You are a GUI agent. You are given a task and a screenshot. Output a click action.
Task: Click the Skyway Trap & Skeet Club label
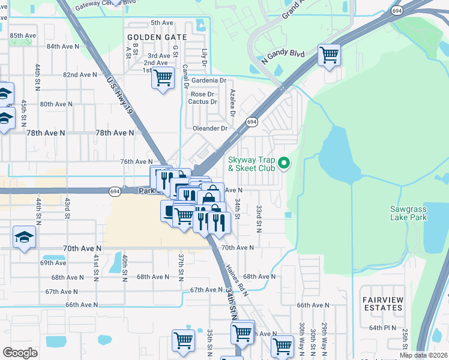[251, 164]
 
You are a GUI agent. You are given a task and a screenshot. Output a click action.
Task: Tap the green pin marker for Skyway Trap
[285, 163]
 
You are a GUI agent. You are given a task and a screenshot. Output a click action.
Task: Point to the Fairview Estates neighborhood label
[382, 303]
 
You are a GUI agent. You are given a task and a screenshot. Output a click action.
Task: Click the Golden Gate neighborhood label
[157, 37]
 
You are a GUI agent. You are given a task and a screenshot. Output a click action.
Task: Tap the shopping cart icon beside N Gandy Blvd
[329, 55]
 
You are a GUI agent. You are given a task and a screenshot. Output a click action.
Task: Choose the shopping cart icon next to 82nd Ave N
[163, 78]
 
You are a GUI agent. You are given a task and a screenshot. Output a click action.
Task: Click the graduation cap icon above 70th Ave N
[25, 238]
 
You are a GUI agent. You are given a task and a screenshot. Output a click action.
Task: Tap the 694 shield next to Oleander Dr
[251, 122]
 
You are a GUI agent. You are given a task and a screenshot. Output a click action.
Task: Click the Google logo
[20, 353]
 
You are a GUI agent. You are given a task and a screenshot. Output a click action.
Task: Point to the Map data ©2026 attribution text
[423, 355]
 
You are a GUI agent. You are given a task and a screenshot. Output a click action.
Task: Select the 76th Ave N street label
[137, 161]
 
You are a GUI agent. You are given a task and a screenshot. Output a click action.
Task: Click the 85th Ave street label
[23, 35]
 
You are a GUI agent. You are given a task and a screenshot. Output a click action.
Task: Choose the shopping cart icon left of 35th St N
[183, 340]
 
